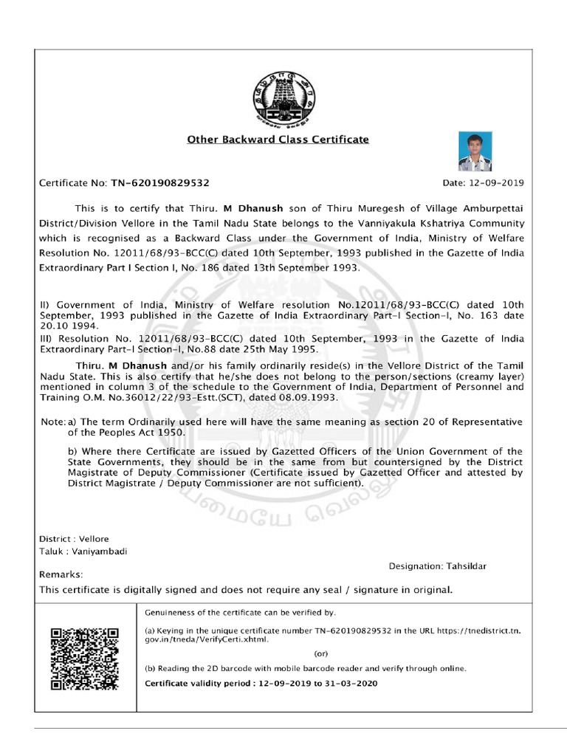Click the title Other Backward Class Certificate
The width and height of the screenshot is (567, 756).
[x=278, y=139]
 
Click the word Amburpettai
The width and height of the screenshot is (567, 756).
[x=487, y=208]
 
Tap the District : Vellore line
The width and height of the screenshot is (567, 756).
[x=74, y=539]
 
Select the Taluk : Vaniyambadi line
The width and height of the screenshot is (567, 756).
[x=83, y=552]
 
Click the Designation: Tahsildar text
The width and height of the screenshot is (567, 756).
[x=437, y=566]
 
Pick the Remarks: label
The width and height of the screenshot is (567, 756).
[x=61, y=574]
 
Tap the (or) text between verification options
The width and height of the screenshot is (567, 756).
[x=322, y=653]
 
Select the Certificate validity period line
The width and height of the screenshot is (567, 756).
[x=261, y=684]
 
